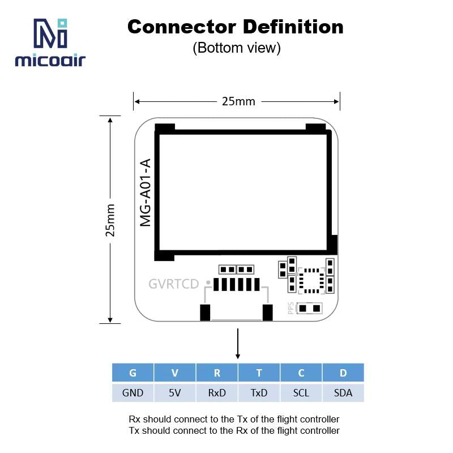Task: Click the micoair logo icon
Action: point(50,34)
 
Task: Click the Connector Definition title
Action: point(236,27)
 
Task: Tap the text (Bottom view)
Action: point(237,48)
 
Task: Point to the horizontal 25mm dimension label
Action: point(238,101)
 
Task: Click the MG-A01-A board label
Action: point(146,193)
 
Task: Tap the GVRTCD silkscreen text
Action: point(174,284)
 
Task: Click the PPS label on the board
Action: point(290,308)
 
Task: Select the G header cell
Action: point(133,373)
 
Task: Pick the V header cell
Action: point(174,373)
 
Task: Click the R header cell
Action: point(217,373)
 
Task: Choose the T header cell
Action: point(259,373)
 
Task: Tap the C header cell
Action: point(301,373)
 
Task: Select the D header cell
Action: point(343,373)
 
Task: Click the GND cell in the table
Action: point(133,392)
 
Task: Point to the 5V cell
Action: point(174,392)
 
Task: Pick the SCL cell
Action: point(301,392)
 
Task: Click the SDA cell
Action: point(343,392)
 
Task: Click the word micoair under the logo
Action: point(50,60)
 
